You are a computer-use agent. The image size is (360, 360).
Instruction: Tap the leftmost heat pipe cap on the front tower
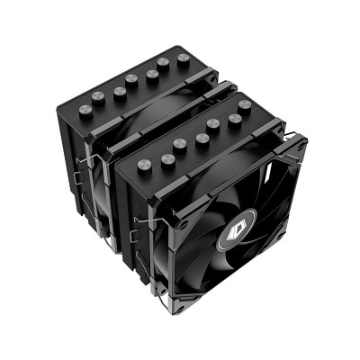tap(144, 166)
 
